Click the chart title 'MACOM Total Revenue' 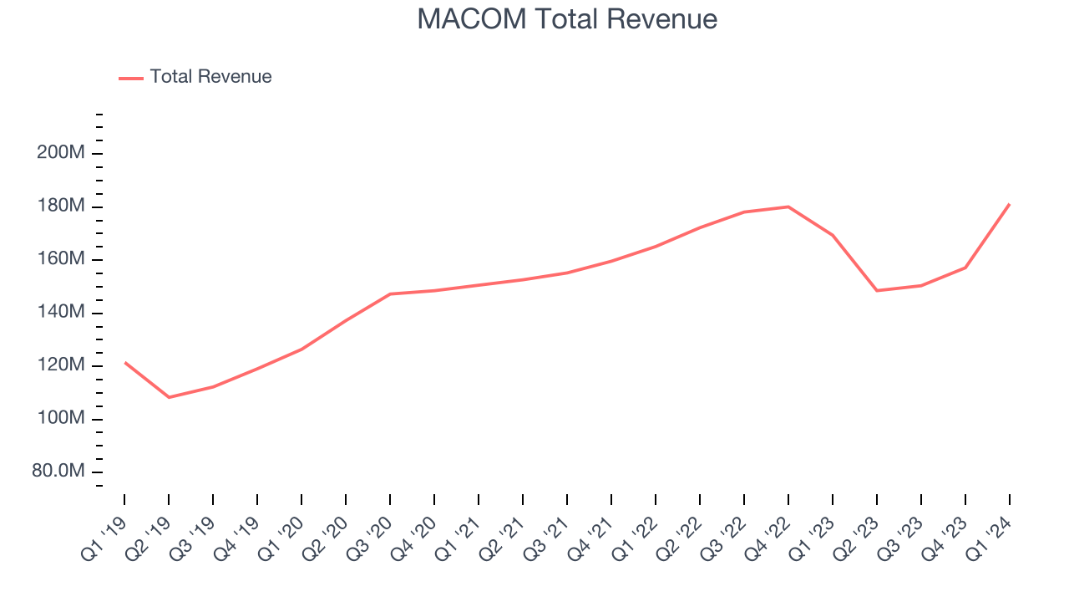[567, 19]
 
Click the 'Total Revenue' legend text [210, 77]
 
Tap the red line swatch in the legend [131, 78]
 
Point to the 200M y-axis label [59, 154]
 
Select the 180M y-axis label [59, 207]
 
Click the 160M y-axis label [59, 260]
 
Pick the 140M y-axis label [59, 313]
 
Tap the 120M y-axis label [59, 366]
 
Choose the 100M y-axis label [59, 419]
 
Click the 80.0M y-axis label [58, 472]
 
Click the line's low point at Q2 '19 [169, 397]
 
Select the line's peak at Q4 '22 [788, 207]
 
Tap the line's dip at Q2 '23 [877, 290]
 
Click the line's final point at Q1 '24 [1009, 204]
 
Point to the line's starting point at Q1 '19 [124, 362]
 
